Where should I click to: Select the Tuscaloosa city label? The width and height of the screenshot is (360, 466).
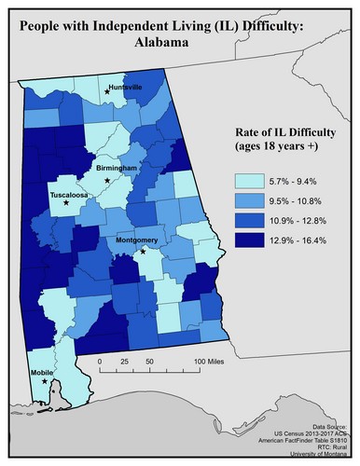click(x=69, y=196)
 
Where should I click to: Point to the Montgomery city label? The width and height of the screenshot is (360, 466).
click(x=136, y=240)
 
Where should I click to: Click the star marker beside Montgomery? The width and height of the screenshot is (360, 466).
click(x=143, y=251)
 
